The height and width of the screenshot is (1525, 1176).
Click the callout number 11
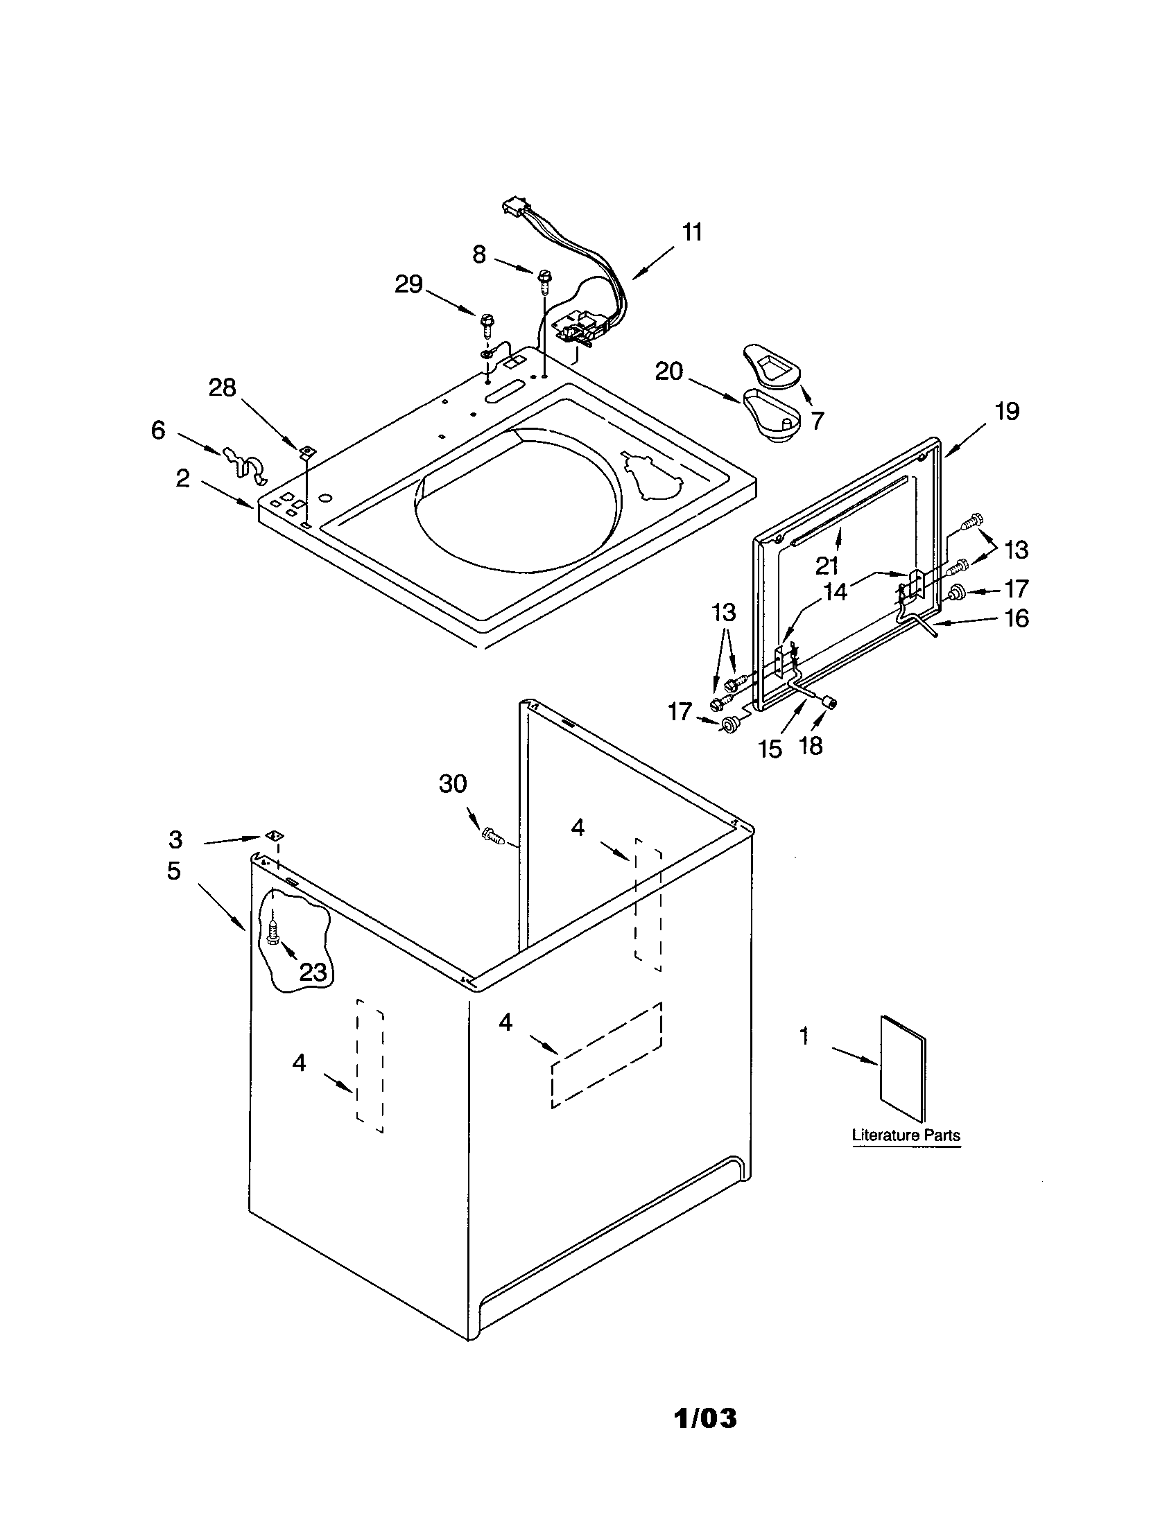691,232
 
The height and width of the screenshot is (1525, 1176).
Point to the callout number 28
222,387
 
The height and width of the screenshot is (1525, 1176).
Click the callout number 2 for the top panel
182,479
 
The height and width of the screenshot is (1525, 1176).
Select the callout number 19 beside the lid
1006,411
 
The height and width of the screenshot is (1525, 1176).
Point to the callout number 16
1017,618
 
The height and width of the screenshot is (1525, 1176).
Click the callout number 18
810,746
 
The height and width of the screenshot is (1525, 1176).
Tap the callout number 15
770,749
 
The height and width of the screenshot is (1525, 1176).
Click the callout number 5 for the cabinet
174,871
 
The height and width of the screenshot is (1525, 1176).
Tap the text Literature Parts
906,1135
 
